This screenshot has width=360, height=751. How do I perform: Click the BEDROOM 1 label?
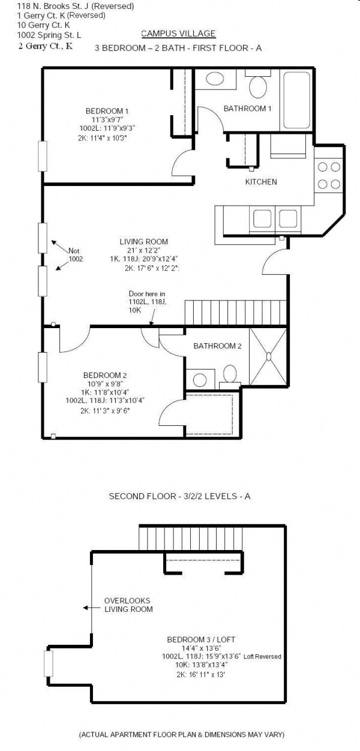107,111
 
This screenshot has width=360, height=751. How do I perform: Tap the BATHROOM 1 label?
248,109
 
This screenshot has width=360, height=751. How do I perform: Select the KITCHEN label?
261,182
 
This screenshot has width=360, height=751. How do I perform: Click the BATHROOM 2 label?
217,346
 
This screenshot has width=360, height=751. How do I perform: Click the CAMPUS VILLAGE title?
178,34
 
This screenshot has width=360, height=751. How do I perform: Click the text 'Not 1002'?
75,255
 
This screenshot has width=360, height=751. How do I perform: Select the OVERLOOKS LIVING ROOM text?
127,605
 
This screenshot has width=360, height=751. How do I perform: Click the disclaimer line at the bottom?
182,734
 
